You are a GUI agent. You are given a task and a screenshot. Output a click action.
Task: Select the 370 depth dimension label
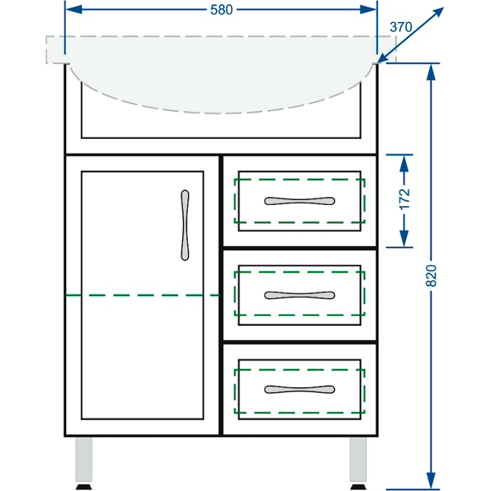click(401, 27)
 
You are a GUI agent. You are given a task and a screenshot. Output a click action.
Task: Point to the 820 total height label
click(431, 276)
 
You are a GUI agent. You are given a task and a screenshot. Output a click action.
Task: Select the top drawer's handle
click(299, 200)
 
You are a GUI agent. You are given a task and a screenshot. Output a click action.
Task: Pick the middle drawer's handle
click(299, 295)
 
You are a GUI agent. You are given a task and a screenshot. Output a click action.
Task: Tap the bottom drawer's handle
click(299, 389)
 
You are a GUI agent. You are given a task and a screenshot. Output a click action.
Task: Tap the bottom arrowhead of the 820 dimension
click(431, 481)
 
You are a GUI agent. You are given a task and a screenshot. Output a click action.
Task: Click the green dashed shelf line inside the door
click(142, 294)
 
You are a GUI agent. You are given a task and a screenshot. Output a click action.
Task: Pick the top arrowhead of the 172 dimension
click(404, 162)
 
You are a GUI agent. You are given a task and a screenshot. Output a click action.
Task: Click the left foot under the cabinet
click(85, 487)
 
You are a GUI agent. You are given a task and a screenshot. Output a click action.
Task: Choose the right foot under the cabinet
click(358, 487)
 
